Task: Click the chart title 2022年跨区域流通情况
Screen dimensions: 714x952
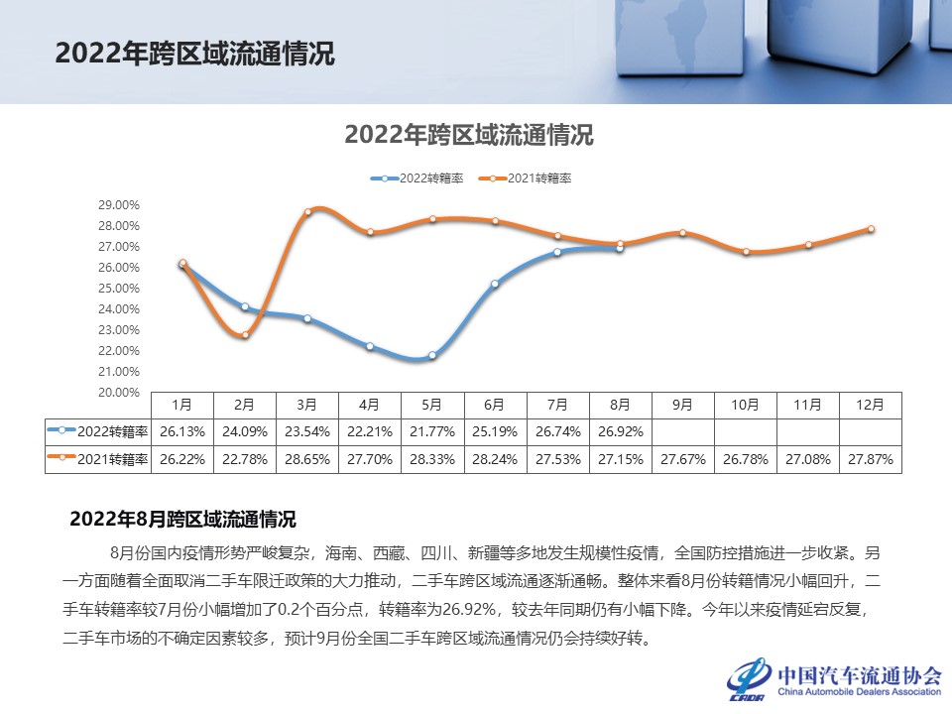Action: pyautogui.click(x=468, y=136)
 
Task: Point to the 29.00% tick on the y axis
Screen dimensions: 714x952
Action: pyautogui.click(x=118, y=205)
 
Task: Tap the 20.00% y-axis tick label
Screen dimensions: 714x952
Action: pyautogui.click(x=118, y=393)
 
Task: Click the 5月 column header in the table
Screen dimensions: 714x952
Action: pyautogui.click(x=431, y=405)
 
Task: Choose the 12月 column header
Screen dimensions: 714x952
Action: pyautogui.click(x=870, y=405)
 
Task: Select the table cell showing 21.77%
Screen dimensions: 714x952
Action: pyautogui.click(x=431, y=432)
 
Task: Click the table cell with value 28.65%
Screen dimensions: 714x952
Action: pyautogui.click(x=306, y=460)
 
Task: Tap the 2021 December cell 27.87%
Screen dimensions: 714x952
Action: pyautogui.click(x=870, y=460)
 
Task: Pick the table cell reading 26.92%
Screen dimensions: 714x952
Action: pyautogui.click(x=619, y=432)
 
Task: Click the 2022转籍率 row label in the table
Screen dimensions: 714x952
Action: pyautogui.click(x=98, y=432)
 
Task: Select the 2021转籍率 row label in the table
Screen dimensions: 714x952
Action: pyautogui.click(x=98, y=460)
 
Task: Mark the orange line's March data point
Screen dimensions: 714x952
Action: pyautogui.click(x=307, y=211)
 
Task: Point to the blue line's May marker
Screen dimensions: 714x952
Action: pyautogui.click(x=431, y=355)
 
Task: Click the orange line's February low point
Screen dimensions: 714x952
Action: pyautogui.click(x=245, y=334)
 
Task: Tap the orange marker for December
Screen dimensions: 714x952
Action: pyautogui.click(x=871, y=228)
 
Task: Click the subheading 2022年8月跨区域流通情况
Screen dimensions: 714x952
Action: pyautogui.click(x=182, y=519)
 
